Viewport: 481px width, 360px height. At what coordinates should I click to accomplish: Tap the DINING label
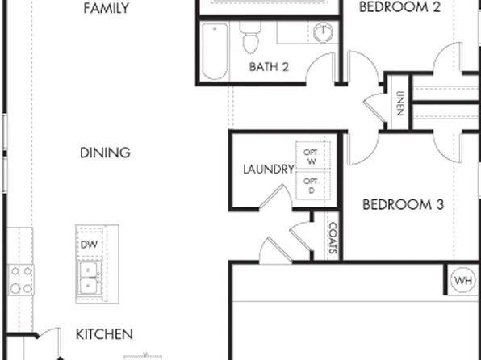106,153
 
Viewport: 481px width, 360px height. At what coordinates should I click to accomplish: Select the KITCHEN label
104,333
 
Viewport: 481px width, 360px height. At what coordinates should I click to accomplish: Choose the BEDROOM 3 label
403,204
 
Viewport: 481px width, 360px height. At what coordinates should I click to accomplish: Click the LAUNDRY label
268,170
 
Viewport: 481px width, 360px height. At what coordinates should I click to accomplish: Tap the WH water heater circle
462,281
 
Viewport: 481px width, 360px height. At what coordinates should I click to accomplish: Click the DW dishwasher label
88,244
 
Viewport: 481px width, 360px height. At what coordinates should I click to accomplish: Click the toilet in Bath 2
249,38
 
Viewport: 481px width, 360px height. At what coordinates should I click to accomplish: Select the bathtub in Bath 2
214,52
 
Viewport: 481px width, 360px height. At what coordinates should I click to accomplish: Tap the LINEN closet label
399,103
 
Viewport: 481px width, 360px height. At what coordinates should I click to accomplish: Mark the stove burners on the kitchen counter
19,280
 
